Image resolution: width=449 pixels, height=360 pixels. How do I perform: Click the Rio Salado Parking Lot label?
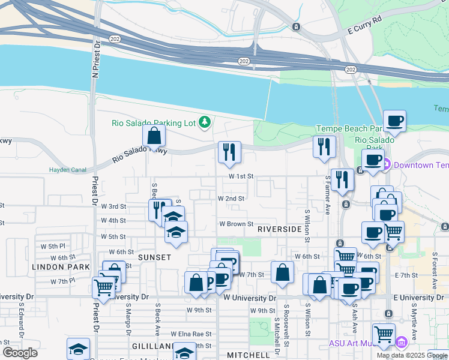(x=154, y=123)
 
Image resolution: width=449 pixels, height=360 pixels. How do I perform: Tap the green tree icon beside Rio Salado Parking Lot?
(x=205, y=122)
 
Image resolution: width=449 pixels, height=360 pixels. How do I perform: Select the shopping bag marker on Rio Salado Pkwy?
(x=154, y=136)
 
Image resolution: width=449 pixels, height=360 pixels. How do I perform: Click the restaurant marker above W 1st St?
(x=229, y=152)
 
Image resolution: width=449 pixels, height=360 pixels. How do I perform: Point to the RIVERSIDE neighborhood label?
(x=279, y=229)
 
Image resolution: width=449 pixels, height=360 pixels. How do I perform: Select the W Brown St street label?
(x=236, y=224)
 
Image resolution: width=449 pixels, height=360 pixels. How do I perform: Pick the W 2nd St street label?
(x=231, y=198)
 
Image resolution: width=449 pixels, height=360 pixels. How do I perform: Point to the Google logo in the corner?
(x=19, y=353)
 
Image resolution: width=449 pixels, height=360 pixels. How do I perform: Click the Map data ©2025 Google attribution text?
(x=412, y=355)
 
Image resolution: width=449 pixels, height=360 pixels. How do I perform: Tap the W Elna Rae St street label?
(x=191, y=334)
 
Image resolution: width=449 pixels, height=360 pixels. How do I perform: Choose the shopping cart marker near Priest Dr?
(x=103, y=288)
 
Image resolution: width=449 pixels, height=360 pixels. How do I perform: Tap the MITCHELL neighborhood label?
(x=249, y=355)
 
